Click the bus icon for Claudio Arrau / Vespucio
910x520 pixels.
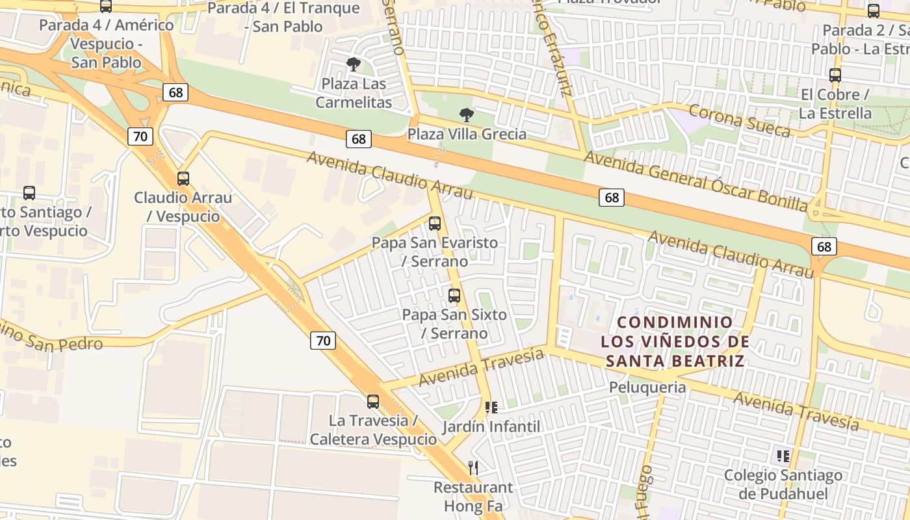(183, 179)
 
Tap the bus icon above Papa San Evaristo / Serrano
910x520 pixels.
(435, 224)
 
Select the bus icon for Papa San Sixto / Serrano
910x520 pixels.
(454, 296)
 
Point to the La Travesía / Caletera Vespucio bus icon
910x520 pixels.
(373, 402)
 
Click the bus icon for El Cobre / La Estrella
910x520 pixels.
(835, 75)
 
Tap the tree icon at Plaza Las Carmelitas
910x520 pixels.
(354, 64)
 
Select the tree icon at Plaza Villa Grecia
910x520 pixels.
(466, 115)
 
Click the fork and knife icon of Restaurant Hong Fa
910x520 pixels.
(473, 467)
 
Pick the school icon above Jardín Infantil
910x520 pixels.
(491, 408)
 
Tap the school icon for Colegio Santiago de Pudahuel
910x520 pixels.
(783, 456)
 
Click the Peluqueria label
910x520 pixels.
(647, 387)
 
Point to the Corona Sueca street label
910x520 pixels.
(739, 121)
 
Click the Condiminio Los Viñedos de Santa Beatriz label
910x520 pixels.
(675, 341)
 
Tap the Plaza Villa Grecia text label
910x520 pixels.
(467, 135)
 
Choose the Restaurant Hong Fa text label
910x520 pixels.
(473, 497)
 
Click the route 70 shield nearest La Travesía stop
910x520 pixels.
(323, 340)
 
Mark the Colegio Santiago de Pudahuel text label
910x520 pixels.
(783, 484)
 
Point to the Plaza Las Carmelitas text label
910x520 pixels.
(354, 93)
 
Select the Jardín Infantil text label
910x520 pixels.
(491, 427)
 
